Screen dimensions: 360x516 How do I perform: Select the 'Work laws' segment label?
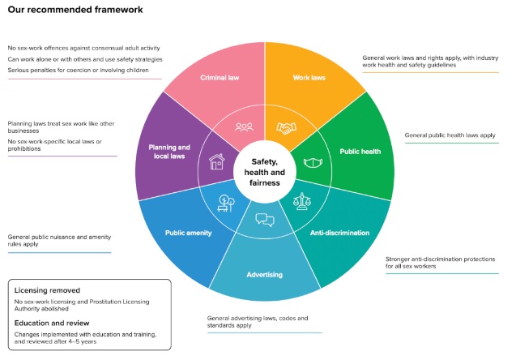click(309, 78)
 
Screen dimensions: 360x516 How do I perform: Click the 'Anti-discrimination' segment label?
click(340, 233)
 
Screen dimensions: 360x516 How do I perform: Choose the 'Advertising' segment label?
click(265, 274)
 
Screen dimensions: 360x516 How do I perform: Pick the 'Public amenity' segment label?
click(189, 233)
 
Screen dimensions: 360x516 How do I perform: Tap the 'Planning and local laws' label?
click(169, 152)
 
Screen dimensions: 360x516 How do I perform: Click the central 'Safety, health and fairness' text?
click(265, 172)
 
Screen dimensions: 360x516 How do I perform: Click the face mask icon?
click(313, 163)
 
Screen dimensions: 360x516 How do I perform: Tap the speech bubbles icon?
click(265, 220)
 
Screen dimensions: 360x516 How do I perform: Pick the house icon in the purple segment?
click(217, 162)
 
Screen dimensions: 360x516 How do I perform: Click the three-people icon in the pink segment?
click(244, 127)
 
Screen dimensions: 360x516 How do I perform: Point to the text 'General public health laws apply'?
click(450, 135)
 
